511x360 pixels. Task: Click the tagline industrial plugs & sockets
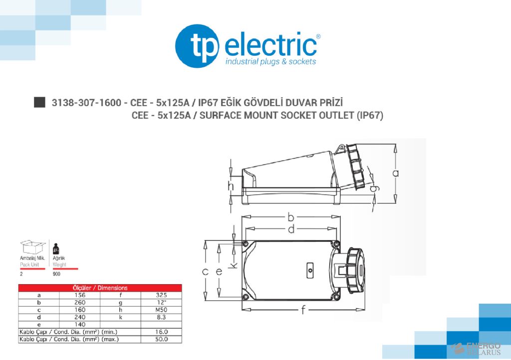[270, 62]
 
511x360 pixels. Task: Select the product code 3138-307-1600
[86, 103]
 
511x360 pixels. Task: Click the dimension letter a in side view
[396, 173]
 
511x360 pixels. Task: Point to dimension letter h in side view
[231, 186]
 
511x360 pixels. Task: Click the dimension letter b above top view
[290, 217]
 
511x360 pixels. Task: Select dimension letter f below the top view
[303, 310]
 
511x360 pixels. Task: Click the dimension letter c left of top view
[205, 272]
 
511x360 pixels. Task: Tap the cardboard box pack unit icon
[31, 246]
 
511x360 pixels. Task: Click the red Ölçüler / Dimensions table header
[100, 288]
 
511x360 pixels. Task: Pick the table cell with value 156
[79, 295]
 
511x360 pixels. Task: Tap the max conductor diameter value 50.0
[161, 339]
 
